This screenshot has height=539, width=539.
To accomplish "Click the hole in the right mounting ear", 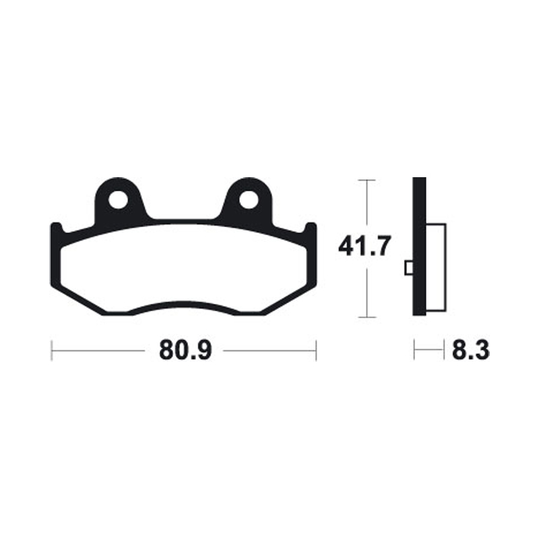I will (x=249, y=199).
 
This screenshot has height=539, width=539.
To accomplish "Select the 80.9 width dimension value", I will (x=184, y=350).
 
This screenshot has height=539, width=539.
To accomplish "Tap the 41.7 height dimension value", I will (x=364, y=248).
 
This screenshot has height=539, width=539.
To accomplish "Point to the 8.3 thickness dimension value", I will (x=470, y=350).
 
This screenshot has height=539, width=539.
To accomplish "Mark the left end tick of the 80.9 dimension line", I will (x=52, y=350).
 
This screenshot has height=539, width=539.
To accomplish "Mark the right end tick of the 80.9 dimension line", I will (x=316, y=350).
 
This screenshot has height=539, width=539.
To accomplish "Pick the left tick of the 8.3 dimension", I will (x=414, y=350).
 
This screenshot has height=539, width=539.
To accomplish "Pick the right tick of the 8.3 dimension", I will (x=445, y=350).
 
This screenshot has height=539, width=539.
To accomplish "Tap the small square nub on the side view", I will (x=408, y=268).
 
